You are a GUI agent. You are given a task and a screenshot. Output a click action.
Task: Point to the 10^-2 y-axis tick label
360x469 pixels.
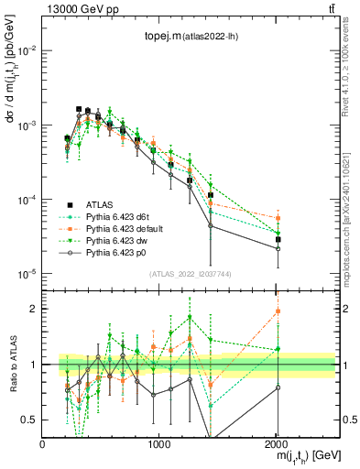pyautogui.click(x=27, y=50)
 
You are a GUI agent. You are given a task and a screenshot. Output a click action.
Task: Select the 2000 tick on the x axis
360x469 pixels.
pyautogui.click(x=277, y=443)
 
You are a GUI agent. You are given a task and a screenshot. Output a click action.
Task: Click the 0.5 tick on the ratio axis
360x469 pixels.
pyautogui.click(x=31, y=420)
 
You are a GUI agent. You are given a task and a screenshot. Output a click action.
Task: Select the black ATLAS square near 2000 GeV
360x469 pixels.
pyautogui.click(x=278, y=239)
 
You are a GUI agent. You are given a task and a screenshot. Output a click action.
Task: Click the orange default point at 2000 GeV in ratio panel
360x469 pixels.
pyautogui.click(x=278, y=311)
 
